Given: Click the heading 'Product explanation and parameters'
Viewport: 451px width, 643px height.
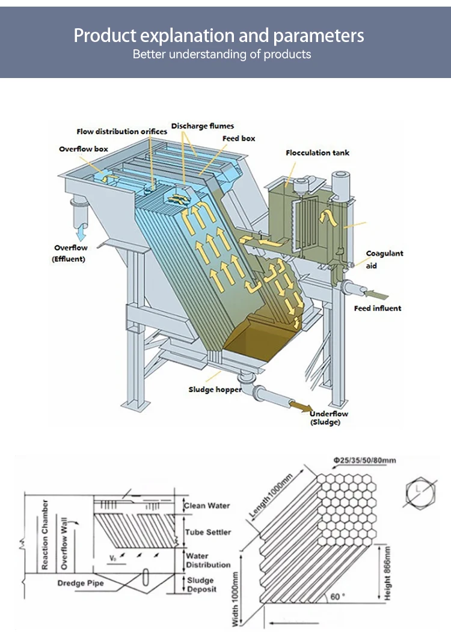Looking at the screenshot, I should pos(219,35).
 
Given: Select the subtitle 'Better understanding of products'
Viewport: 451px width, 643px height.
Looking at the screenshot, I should pos(222,55).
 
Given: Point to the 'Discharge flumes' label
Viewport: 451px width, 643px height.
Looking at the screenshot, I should pos(202,126).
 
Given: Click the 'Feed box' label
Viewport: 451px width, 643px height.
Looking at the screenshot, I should pos(239,138).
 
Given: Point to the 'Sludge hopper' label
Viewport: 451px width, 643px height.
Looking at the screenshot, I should pos(215,390).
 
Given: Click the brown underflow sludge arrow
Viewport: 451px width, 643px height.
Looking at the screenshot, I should pos(299,406).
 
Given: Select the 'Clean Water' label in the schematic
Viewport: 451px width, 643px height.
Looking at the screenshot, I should pos(207,506).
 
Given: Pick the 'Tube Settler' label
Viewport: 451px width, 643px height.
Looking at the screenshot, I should pos(208,532).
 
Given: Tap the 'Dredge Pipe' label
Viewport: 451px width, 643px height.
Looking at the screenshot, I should pos(81,583).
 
